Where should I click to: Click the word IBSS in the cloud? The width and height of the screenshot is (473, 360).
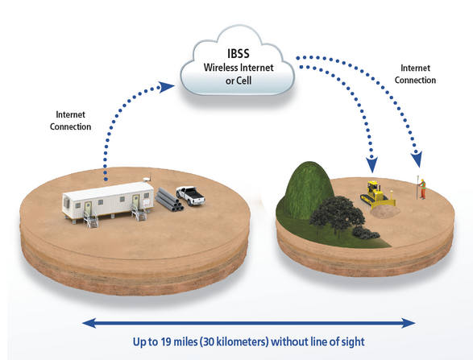pyautogui.click(x=239, y=53)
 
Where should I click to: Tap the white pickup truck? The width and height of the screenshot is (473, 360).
pyautogui.click(x=191, y=196)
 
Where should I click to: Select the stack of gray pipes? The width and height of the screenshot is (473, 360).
pyautogui.click(x=169, y=200)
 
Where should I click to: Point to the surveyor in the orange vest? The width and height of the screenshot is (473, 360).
pyautogui.click(x=422, y=188)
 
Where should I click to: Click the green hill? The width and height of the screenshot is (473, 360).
pyautogui.click(x=307, y=189)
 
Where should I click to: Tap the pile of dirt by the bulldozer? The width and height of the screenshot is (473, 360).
pyautogui.click(x=384, y=211)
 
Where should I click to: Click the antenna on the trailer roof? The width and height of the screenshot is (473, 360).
pyautogui.click(x=147, y=178)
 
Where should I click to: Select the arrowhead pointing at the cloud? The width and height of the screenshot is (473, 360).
pyautogui.click(x=166, y=86)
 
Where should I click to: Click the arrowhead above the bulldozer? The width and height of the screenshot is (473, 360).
pyautogui.click(x=372, y=163)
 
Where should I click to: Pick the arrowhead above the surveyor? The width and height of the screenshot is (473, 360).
pyautogui.click(x=417, y=159)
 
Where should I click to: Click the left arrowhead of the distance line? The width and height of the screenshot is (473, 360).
pyautogui.click(x=89, y=323)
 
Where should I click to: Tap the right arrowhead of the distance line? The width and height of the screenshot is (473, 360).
pyautogui.click(x=409, y=323)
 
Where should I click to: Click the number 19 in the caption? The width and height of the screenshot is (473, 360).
pyautogui.click(x=166, y=341)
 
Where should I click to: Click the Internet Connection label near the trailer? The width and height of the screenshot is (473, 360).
pyautogui.click(x=71, y=121)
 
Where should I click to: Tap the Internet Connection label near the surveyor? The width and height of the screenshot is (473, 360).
pyautogui.click(x=415, y=74)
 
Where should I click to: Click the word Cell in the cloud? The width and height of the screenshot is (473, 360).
pyautogui.click(x=243, y=81)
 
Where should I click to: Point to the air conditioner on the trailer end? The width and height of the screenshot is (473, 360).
pyautogui.click(x=66, y=203)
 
